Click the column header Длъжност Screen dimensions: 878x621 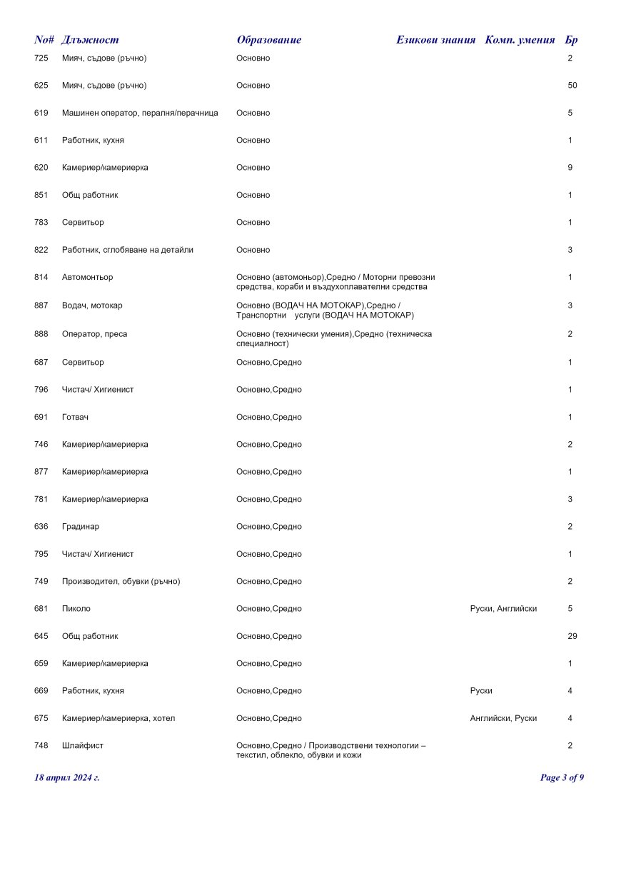coord(90,40)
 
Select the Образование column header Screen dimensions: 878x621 coord(268,40)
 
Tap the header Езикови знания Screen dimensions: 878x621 coord(435,40)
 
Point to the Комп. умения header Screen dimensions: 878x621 coord(520,40)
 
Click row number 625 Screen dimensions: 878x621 coord(41,86)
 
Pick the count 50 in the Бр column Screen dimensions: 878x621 coord(572,86)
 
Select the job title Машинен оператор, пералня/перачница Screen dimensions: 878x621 coord(140,113)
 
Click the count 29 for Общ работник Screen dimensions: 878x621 coord(572,636)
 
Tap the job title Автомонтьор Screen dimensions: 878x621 coord(87,277)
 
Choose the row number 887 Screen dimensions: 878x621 coord(41,306)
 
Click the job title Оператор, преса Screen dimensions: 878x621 coord(94,334)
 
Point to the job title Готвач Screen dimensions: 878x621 coord(75,417)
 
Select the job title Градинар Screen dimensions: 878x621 coord(81,527)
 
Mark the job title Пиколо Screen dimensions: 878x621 coord(76,609)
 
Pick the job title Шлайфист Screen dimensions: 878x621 coord(83,745)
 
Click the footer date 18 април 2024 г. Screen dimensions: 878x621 coord(67,777)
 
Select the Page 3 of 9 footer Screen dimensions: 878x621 coord(562,777)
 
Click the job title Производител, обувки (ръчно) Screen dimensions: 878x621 coord(121,581)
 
